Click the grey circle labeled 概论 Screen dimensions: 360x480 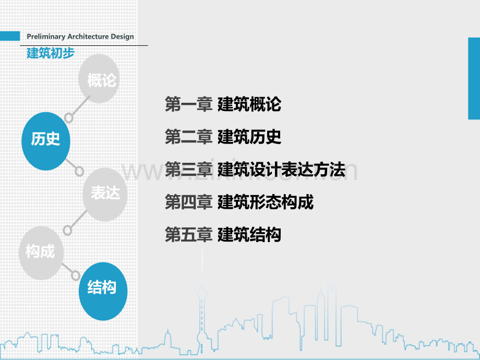click(102, 80)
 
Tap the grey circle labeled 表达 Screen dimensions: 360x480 click(105, 194)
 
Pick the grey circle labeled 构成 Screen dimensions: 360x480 click(41, 252)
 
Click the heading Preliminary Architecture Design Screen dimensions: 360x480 click(80, 37)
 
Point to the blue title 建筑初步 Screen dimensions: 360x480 click(51, 53)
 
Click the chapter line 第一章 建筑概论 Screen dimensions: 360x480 click(223, 104)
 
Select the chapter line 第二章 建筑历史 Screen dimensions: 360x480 click(223, 137)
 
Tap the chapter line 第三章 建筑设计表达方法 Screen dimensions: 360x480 click(255, 170)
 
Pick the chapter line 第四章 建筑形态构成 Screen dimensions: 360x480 click(239, 202)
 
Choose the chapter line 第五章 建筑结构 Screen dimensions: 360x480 click(223, 235)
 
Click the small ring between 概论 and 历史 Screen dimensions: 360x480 click(68, 115)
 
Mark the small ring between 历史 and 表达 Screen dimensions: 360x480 click(79, 171)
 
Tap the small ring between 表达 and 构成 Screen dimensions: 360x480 click(68, 230)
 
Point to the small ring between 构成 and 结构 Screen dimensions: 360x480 click(76, 274)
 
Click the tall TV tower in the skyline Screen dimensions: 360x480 click(200, 308)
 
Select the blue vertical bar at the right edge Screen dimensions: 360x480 click(473, 78)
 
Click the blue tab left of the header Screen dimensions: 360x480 click(10, 36)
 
